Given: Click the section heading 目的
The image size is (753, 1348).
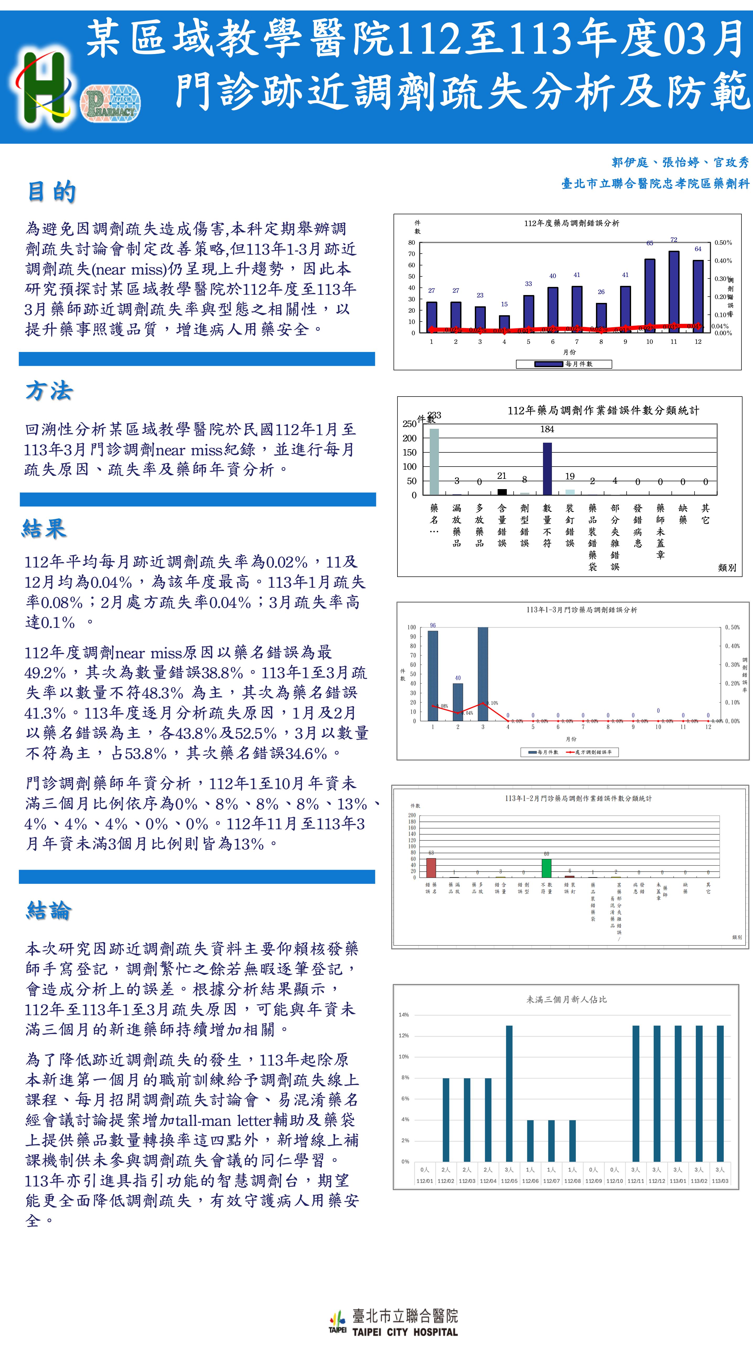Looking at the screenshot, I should point(51,191).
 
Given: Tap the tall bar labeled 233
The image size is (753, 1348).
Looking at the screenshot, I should point(434,462).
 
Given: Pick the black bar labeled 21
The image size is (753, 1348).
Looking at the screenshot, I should point(502,492).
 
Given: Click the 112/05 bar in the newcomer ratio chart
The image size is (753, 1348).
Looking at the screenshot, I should point(509,1094).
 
